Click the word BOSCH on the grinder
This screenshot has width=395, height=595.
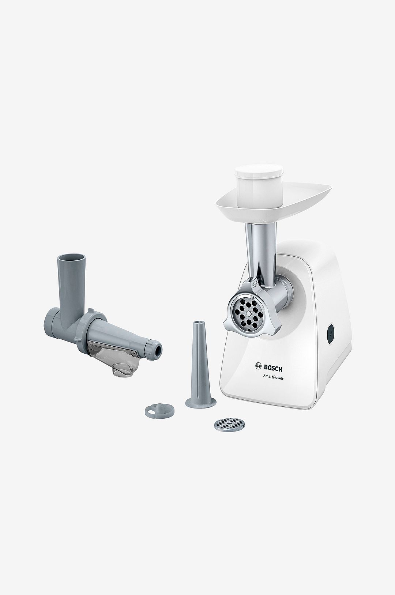pos(276,366)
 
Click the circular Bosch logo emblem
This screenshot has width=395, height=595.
pos(259,366)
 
